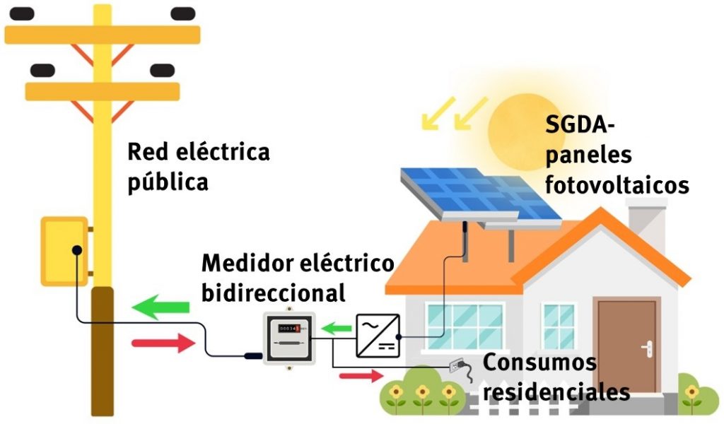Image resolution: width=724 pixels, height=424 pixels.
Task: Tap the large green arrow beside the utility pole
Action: [x=160, y=307]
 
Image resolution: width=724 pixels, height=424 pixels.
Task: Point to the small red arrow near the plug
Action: [x=361, y=375]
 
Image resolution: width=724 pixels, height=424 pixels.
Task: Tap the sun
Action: [x=520, y=127]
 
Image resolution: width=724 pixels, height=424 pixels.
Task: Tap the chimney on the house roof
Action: [x=646, y=219]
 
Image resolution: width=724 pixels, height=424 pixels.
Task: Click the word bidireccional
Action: [x=273, y=292]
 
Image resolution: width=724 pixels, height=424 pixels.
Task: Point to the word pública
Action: [x=168, y=182]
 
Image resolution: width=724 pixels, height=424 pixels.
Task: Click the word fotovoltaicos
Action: [x=617, y=185]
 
